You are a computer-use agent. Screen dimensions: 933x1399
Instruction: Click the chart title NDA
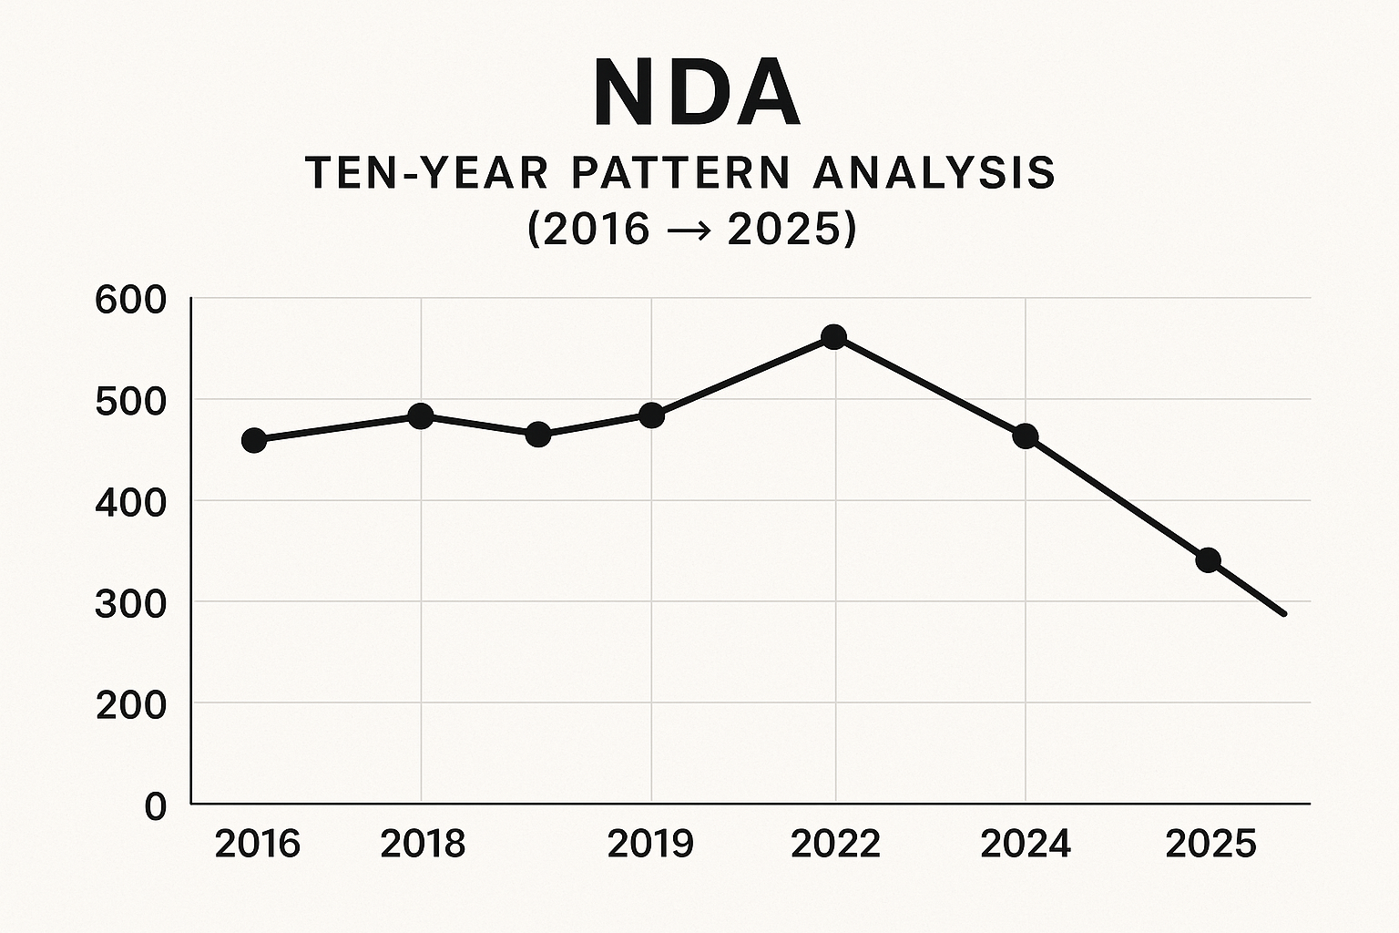[x=697, y=94]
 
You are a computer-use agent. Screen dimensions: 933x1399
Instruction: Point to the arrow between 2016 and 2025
[x=689, y=230]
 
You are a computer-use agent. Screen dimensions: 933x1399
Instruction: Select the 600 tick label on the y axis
[x=130, y=300]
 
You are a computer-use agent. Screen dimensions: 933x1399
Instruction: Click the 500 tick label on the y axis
[x=130, y=401]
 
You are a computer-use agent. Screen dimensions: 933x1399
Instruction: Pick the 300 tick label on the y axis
[x=130, y=603]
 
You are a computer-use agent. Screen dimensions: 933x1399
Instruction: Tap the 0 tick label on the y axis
[x=156, y=806]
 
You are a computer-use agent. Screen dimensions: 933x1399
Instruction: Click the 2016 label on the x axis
[x=257, y=845]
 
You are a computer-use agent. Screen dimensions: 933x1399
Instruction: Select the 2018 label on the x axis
[x=423, y=845]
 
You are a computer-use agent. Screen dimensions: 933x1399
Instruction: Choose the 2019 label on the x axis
[x=650, y=845]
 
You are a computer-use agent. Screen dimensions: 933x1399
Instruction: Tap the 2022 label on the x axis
[x=835, y=845]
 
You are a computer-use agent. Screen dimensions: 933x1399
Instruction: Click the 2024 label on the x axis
[x=1026, y=845]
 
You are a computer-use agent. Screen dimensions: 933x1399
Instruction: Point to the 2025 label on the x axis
[x=1210, y=845]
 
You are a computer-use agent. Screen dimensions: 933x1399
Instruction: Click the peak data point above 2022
[x=833, y=337]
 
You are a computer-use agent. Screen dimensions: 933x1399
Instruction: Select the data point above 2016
[x=254, y=441]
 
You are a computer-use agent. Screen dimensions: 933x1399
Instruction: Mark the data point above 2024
[x=1026, y=436]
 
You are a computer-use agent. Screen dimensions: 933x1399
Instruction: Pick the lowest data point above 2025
[x=1208, y=559]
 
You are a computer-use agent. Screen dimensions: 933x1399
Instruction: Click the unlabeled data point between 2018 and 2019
[x=538, y=435]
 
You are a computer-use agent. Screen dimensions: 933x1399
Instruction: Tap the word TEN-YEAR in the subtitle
[x=427, y=173]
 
